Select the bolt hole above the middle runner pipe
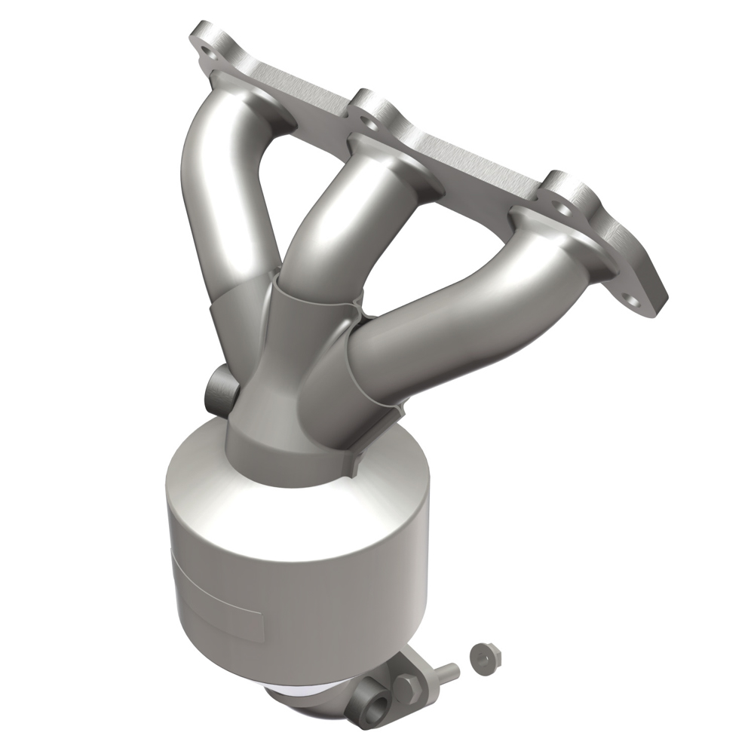368,114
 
